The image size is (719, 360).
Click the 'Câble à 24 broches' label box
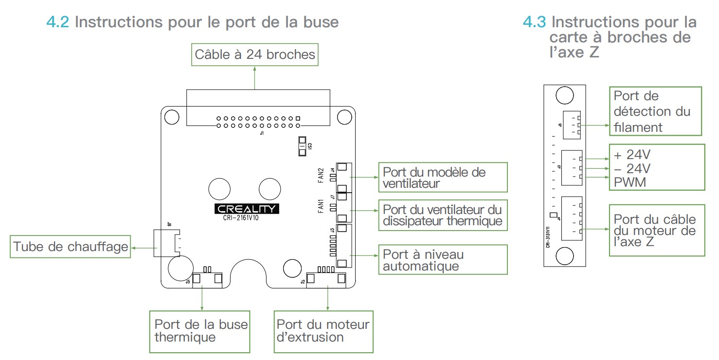click(x=254, y=54)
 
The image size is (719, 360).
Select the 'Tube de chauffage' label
click(x=70, y=247)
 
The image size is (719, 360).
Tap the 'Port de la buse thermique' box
click(x=200, y=331)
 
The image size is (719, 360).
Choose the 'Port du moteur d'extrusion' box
click(x=323, y=331)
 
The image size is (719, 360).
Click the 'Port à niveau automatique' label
click(x=442, y=260)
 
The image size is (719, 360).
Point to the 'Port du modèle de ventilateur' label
click(x=442, y=178)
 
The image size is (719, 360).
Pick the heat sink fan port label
click(x=442, y=215)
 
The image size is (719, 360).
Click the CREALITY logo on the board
click(x=247, y=209)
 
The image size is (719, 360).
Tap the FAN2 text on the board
click(x=321, y=175)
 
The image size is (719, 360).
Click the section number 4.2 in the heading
click(x=58, y=22)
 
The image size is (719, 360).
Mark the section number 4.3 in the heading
click(x=535, y=22)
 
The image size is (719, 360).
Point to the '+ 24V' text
click(x=632, y=155)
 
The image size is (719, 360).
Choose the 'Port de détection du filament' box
click(x=655, y=111)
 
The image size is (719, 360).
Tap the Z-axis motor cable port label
click(x=656, y=230)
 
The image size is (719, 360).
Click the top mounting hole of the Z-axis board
click(x=564, y=95)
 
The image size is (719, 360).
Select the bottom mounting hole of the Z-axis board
click(x=564, y=255)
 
